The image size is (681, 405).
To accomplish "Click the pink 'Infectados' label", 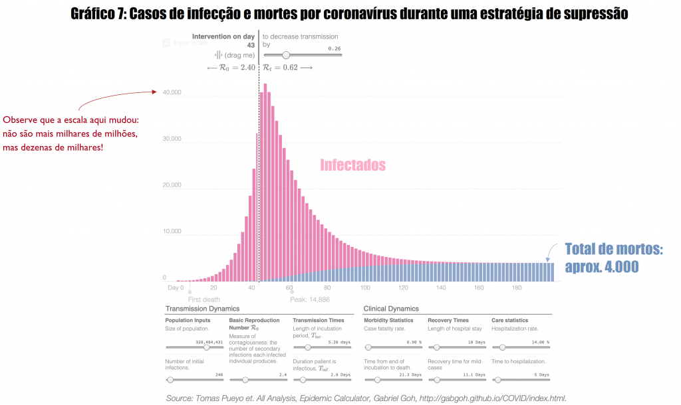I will [x=352, y=165].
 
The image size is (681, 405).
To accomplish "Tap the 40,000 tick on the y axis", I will [x=172, y=93].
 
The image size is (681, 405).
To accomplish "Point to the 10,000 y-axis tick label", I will [x=172, y=232].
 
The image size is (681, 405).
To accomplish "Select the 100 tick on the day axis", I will [x=365, y=288].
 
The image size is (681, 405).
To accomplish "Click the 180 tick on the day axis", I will [x=517, y=288].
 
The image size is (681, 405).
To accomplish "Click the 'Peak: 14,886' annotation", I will [x=310, y=299].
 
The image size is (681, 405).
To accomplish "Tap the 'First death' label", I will [x=204, y=299].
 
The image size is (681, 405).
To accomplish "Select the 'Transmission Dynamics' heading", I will [x=202, y=309].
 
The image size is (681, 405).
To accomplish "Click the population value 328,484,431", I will [x=212, y=342].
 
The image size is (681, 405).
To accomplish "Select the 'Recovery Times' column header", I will [x=448, y=320].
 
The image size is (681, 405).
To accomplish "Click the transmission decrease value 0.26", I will [x=334, y=48].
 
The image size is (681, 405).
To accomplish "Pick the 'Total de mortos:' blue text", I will [x=614, y=250].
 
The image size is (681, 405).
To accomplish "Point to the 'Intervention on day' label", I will [x=223, y=37].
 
